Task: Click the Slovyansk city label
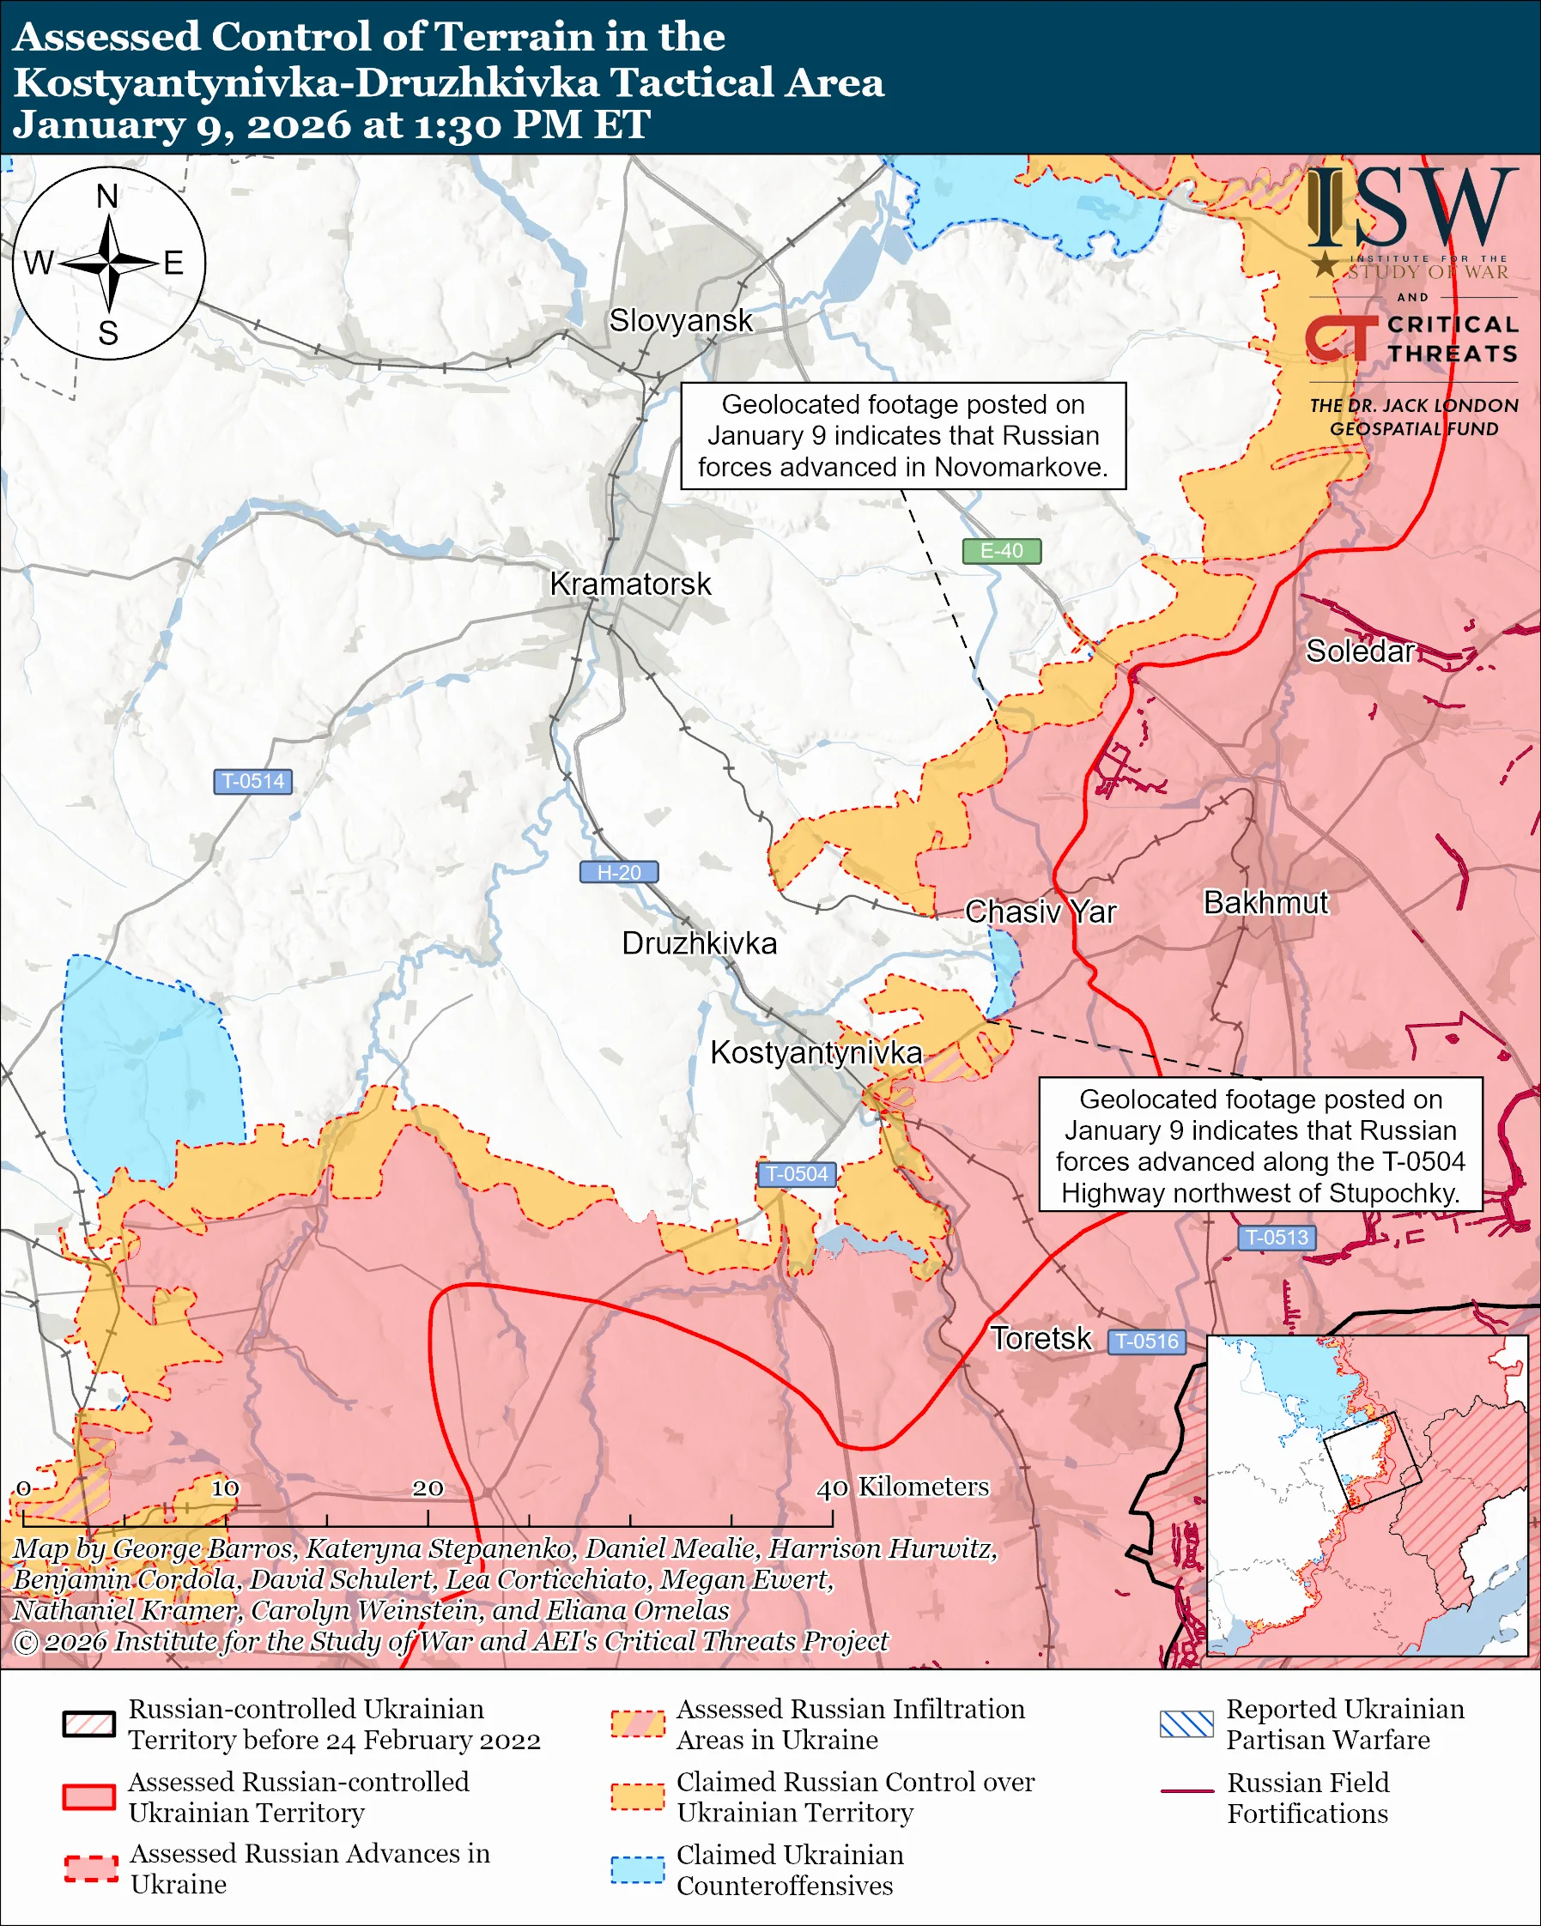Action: (x=680, y=321)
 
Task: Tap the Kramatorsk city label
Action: (x=630, y=584)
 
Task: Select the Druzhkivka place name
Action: (x=699, y=943)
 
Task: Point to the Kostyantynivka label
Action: (x=815, y=1052)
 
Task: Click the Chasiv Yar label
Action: (x=1040, y=912)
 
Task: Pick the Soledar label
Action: (x=1359, y=651)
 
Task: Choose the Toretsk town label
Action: (x=1040, y=1339)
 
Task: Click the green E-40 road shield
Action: (x=1000, y=551)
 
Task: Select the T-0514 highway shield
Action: (x=252, y=782)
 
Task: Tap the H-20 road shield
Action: (x=618, y=873)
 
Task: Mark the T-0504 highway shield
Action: (x=797, y=1175)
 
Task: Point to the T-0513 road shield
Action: (x=1276, y=1239)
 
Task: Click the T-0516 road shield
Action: (x=1147, y=1342)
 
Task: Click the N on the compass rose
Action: (x=107, y=197)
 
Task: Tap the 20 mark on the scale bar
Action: (x=427, y=1488)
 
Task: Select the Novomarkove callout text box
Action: (x=902, y=436)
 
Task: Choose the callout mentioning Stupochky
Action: (x=1259, y=1145)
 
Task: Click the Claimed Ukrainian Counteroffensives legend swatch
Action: (x=637, y=1869)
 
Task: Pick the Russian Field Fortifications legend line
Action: (x=1186, y=1791)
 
